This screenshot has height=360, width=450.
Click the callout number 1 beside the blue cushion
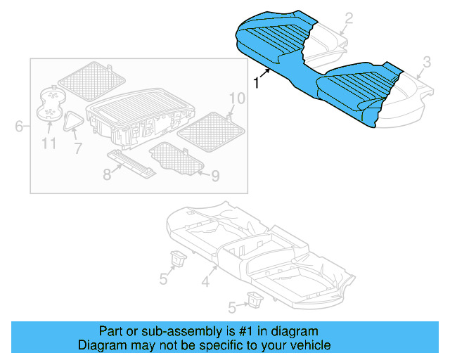click(x=257, y=83)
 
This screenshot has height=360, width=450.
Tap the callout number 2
click(x=348, y=19)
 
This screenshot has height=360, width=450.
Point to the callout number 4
click(x=205, y=283)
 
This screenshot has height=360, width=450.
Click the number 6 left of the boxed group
click(x=19, y=127)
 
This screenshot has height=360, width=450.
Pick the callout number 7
click(x=77, y=148)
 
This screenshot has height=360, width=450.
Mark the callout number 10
click(x=236, y=98)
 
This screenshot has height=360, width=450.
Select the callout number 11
click(x=48, y=145)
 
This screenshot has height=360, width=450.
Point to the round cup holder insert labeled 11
click(x=50, y=106)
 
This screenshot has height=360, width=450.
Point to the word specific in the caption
click(x=219, y=345)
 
